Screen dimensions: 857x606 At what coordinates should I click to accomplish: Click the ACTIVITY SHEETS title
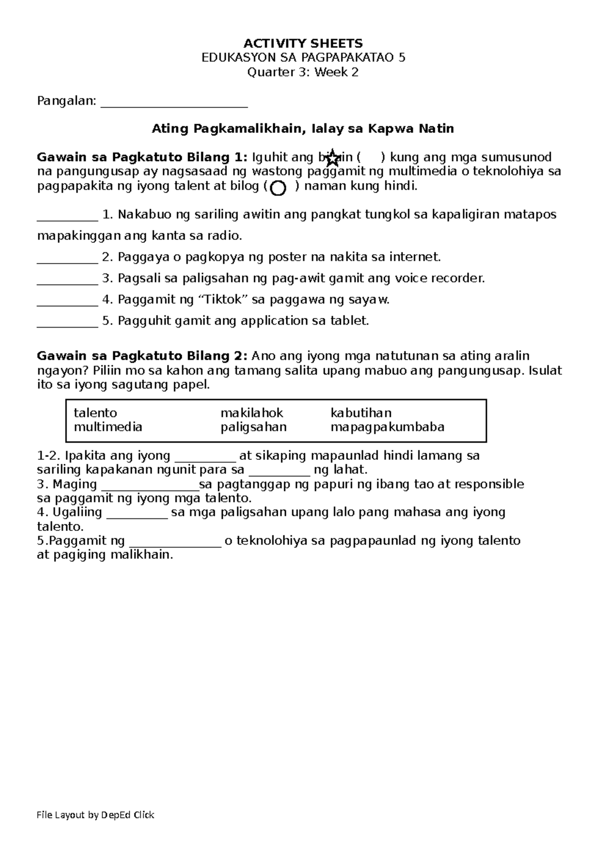point(303,43)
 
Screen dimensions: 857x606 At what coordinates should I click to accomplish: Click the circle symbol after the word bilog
point(278,188)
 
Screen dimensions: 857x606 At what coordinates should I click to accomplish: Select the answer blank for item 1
point(67,218)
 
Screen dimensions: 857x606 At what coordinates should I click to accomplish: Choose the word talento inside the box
point(95,413)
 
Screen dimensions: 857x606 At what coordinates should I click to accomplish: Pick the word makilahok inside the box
point(252,413)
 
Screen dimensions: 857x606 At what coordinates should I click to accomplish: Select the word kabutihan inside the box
point(361,413)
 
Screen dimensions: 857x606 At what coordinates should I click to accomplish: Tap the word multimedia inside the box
point(108,427)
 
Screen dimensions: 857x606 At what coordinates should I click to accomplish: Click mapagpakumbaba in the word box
point(387,427)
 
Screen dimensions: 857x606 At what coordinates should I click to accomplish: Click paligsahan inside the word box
point(254,427)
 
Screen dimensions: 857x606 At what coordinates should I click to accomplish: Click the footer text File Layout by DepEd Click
point(96,815)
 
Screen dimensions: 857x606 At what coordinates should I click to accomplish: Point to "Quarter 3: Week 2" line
point(303,72)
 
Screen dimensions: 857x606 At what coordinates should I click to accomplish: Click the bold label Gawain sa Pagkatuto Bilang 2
point(142,356)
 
